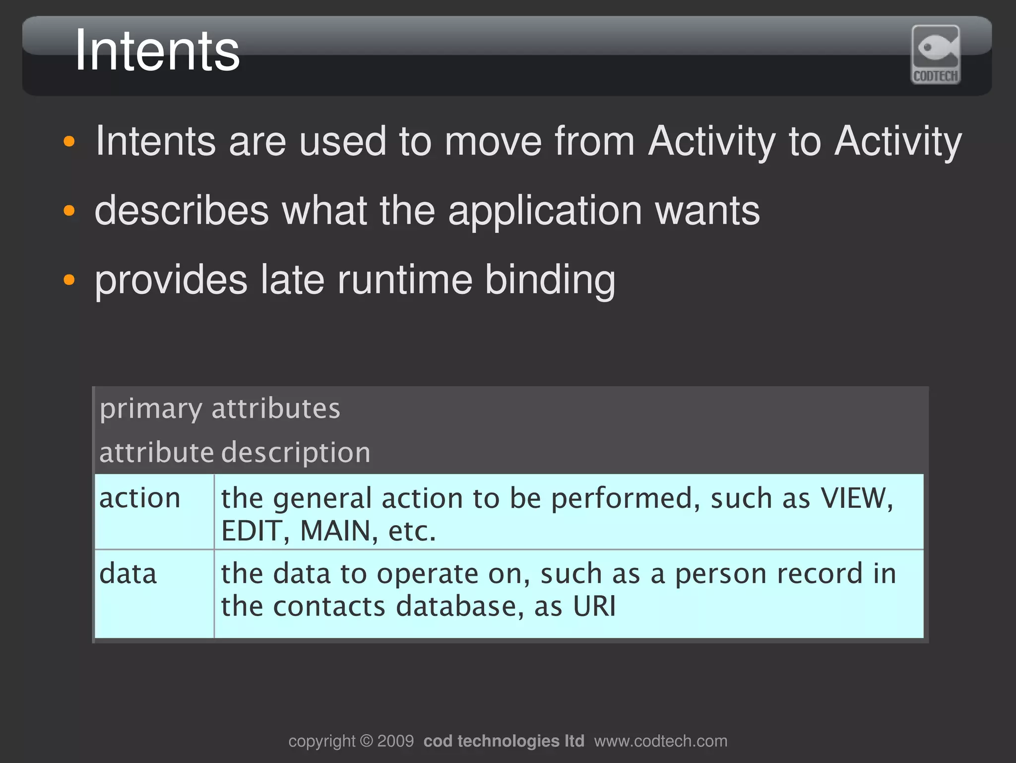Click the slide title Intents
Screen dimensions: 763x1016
coord(157,51)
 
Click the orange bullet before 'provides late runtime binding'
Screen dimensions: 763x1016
coord(69,279)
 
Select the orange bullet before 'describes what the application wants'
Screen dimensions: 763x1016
coord(69,210)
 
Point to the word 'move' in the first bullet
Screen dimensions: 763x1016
coord(493,141)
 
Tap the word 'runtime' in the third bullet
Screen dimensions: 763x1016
coord(405,280)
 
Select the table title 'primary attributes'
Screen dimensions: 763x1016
coord(220,409)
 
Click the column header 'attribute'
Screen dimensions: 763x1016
coord(156,452)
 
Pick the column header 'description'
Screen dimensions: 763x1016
coord(296,452)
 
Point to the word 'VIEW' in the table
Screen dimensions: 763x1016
coord(855,498)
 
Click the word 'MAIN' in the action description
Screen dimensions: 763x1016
coord(335,531)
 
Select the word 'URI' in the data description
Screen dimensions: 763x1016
coord(594,606)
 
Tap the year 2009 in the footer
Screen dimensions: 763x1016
coord(395,741)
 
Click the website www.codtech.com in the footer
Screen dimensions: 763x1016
coord(660,741)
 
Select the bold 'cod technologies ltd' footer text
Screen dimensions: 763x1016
coord(504,741)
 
